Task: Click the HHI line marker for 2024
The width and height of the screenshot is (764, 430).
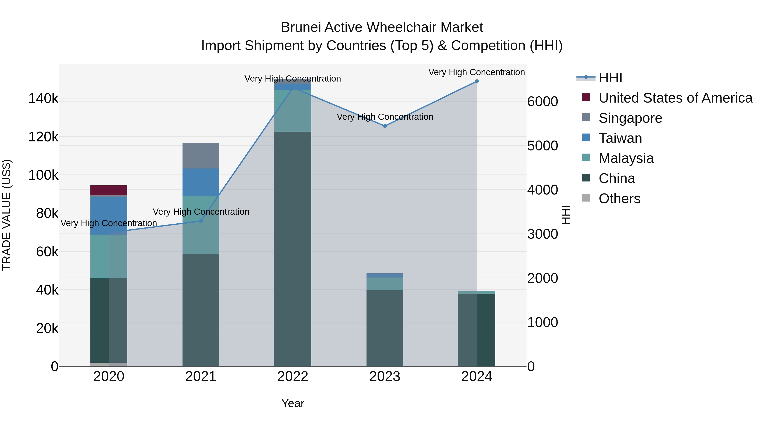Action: (x=477, y=81)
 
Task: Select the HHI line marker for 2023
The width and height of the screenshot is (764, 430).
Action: (x=385, y=126)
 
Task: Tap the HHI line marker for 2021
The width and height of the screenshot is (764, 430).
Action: (x=201, y=221)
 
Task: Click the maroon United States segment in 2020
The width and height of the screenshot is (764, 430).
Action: (x=109, y=190)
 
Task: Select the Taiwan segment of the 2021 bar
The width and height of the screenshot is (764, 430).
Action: (x=201, y=182)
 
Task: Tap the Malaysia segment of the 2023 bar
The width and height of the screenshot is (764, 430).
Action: (x=385, y=284)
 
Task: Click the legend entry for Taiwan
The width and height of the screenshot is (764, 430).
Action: (x=620, y=138)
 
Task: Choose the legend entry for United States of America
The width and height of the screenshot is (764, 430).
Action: (x=675, y=98)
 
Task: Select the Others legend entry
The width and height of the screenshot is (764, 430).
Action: (x=619, y=199)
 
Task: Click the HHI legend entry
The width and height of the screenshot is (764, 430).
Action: (x=610, y=78)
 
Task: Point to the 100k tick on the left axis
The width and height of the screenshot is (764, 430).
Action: (x=43, y=175)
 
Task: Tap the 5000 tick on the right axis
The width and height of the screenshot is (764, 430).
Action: (x=542, y=146)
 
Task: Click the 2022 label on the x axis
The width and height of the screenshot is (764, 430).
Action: (x=293, y=376)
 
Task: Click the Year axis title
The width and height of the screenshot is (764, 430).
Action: (x=293, y=403)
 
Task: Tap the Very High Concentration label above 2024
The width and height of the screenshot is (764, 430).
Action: (x=477, y=72)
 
